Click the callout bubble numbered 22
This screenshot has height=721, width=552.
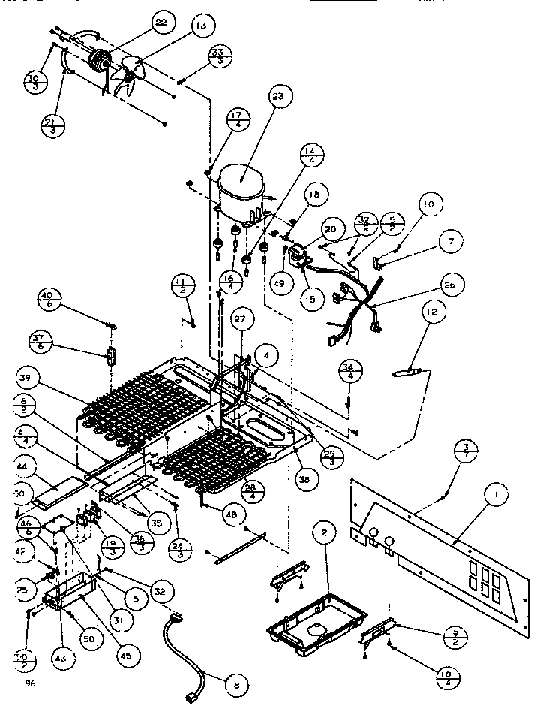160,23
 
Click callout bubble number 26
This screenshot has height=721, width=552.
450,285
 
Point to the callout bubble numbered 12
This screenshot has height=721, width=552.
434,311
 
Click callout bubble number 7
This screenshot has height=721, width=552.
450,242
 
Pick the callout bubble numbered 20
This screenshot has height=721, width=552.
331,229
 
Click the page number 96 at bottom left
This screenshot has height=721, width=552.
30,683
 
